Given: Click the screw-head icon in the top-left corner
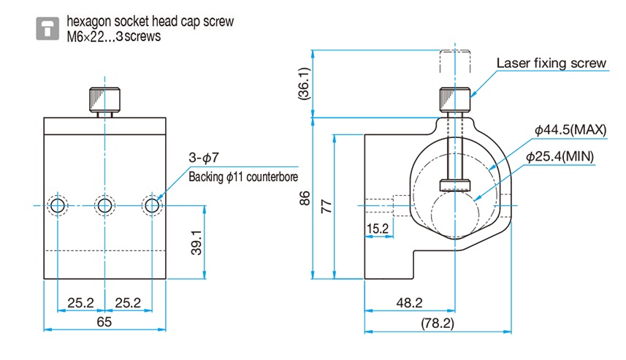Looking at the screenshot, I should pyautogui.click(x=49, y=28).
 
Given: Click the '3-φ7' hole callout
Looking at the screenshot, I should pyautogui.click(x=204, y=158).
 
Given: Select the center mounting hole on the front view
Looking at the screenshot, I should pyautogui.click(x=105, y=206).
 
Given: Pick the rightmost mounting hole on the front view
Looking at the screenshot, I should pyautogui.click(x=152, y=206).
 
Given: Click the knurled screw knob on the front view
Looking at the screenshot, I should pyautogui.click(x=105, y=101).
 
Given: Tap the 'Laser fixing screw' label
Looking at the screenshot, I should pyautogui.click(x=551, y=64).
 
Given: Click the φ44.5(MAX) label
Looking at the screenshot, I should pyautogui.click(x=570, y=129).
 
